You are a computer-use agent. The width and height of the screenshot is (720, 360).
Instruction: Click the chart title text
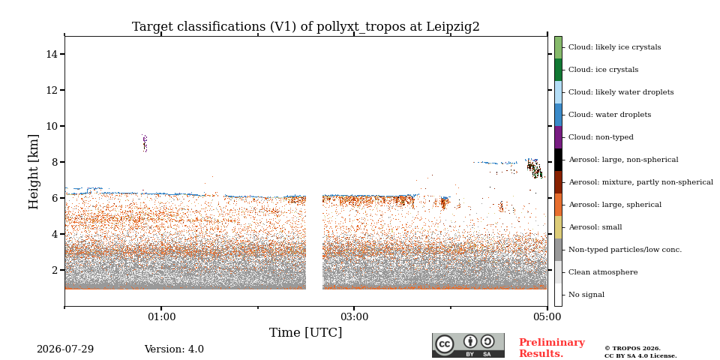[306, 27]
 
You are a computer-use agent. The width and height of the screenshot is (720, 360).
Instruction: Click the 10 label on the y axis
[52, 126]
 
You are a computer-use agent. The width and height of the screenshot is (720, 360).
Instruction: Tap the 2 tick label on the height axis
[54, 270]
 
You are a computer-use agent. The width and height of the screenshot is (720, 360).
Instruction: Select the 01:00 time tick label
[160, 316]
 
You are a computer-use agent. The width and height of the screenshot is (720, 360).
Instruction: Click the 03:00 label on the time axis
[353, 316]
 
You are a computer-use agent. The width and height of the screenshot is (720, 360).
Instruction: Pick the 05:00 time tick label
[547, 316]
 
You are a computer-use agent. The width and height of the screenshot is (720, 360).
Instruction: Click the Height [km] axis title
[34, 172]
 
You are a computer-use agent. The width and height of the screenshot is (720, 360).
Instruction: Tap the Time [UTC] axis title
[306, 332]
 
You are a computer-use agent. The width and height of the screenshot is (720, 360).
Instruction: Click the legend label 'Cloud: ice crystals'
[603, 70]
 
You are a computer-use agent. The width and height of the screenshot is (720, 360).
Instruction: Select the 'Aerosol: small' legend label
[595, 227]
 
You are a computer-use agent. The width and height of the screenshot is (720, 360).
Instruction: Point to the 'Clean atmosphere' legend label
[603, 272]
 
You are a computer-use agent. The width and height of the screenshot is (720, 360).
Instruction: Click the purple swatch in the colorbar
[558, 137]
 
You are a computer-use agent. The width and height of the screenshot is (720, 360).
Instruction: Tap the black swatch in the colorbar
[558, 160]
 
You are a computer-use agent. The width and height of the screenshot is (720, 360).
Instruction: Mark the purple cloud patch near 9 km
[145, 143]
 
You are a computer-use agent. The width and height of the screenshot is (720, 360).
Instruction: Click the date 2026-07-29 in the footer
[65, 349]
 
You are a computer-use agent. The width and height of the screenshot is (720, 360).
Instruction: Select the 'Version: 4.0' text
[174, 349]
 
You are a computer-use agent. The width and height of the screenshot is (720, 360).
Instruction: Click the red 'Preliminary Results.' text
[552, 348]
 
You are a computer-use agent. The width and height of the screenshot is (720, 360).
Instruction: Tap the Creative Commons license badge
[468, 345]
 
